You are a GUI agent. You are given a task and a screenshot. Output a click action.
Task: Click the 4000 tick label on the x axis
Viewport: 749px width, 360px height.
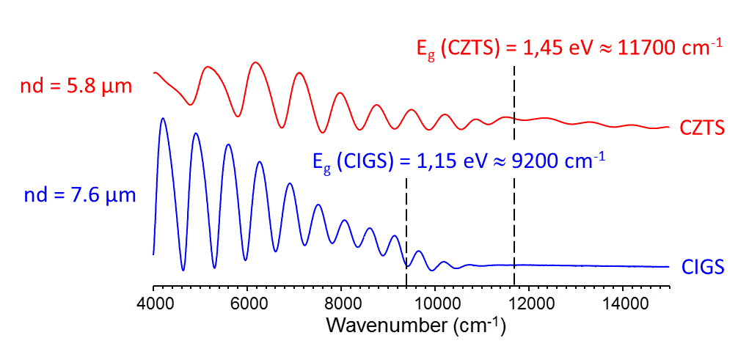tap(153, 304)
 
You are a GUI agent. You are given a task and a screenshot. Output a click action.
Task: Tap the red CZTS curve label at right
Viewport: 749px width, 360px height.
tap(702, 129)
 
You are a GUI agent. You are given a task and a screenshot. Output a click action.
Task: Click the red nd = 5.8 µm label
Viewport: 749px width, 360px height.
tap(76, 87)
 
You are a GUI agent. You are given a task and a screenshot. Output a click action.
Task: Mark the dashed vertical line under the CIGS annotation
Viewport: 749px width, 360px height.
tap(406, 220)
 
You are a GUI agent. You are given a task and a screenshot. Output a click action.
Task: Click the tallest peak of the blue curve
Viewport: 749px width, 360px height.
tap(163, 118)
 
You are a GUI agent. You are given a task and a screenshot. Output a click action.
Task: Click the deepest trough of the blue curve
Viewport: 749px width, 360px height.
tap(183, 271)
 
